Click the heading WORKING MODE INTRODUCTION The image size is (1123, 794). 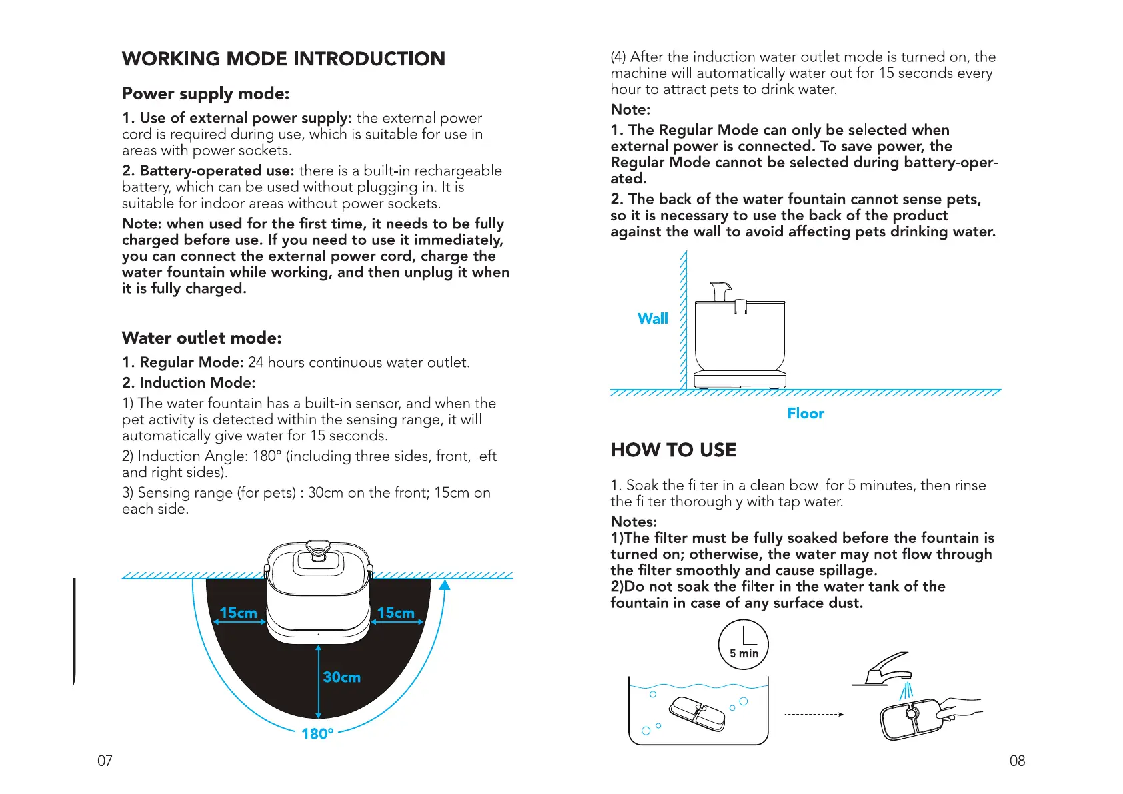coord(283,59)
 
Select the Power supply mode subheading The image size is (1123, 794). coord(205,94)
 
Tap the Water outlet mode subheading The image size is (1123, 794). coord(201,338)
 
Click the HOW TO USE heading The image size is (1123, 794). coord(674,450)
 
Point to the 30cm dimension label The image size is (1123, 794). coord(341,677)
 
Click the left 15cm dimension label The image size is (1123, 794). coord(238,613)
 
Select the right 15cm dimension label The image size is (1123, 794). coord(395,613)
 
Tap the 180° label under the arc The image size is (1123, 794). coord(317,734)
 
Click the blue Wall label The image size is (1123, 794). coord(652,319)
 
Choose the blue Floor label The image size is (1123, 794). coord(806,414)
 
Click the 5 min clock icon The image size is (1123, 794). coord(744,645)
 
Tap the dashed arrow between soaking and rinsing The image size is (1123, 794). coord(814,714)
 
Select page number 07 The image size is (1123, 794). coord(105,761)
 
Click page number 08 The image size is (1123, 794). coord(1017,761)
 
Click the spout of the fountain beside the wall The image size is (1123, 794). coord(720,291)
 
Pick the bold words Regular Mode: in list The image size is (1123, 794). coord(183,362)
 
